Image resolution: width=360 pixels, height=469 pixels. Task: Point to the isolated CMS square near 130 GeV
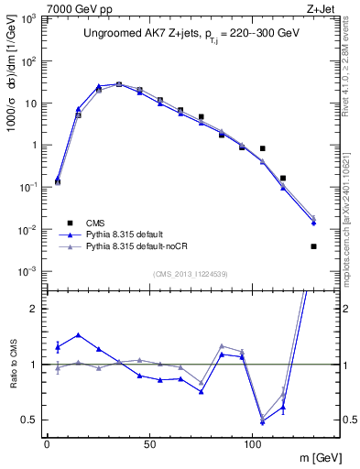(314, 246)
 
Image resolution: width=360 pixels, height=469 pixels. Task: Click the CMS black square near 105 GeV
(263, 148)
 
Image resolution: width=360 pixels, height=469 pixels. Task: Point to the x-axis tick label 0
(47, 442)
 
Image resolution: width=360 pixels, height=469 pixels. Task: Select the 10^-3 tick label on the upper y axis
(27, 271)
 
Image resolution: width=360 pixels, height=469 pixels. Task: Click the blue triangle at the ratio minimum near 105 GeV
(263, 422)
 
